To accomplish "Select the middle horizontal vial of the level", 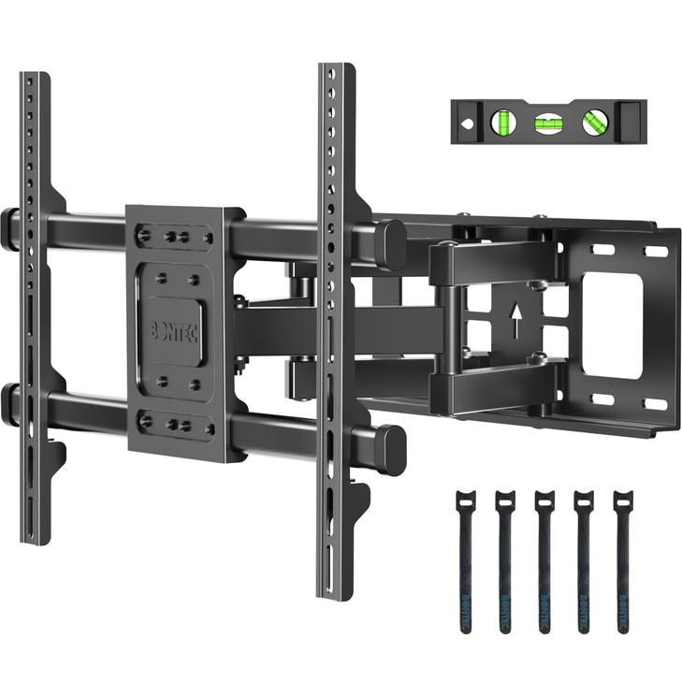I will pyautogui.click(x=545, y=122).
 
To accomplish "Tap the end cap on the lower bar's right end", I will pyautogui.click(x=390, y=447).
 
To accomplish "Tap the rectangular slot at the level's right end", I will pyautogui.click(x=633, y=121).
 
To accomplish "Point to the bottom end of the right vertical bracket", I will pyautogui.click(x=334, y=589).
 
